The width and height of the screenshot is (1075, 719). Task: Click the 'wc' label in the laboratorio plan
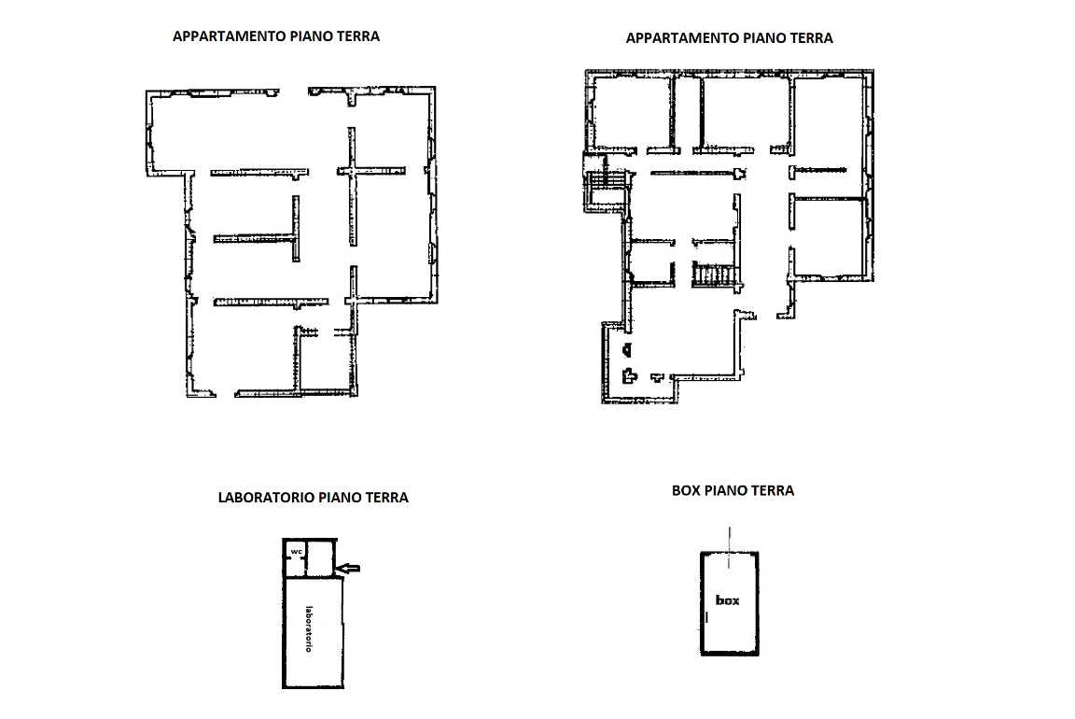pyautogui.click(x=296, y=552)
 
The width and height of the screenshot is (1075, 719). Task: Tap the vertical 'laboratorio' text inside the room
pyautogui.click(x=309, y=628)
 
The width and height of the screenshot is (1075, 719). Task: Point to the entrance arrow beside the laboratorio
pyautogui.click(x=350, y=568)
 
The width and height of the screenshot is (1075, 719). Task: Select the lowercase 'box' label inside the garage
pyautogui.click(x=728, y=600)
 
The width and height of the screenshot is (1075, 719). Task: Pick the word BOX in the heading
pyautogui.click(x=686, y=490)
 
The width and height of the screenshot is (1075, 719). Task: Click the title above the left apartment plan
pyautogui.click(x=276, y=36)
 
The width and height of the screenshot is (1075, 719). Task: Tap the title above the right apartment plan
pyautogui.click(x=730, y=38)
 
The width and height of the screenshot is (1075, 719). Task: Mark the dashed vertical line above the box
pyautogui.click(x=730, y=547)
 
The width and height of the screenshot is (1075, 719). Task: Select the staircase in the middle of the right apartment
pyautogui.click(x=714, y=275)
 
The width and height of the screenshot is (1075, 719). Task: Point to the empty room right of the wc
pyautogui.click(x=320, y=558)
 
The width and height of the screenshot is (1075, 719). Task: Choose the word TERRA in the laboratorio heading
pyautogui.click(x=386, y=498)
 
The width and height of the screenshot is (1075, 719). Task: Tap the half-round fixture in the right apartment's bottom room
pyautogui.click(x=627, y=350)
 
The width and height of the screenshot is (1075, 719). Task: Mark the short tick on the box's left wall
pyautogui.click(x=706, y=617)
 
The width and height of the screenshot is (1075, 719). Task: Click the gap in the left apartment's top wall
pyautogui.click(x=293, y=92)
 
